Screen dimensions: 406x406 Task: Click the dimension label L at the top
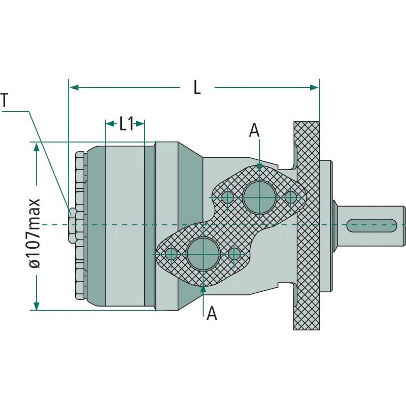coord(197,88)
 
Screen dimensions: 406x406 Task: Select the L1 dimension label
coord(125,123)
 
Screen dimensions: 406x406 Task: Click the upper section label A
coord(254,130)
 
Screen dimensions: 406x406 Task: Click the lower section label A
coord(212,314)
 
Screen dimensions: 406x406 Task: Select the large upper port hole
coord(259,196)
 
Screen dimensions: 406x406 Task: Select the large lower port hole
coord(202,253)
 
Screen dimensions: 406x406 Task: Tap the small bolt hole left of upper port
coord(227,196)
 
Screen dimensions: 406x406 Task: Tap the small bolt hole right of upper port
coord(290,196)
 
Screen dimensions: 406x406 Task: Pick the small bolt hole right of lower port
coord(234,253)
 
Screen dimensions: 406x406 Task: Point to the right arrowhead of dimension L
coord(314,88)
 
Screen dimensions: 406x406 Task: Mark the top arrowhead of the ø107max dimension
coord(36,147)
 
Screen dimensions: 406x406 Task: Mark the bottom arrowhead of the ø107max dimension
coord(36,304)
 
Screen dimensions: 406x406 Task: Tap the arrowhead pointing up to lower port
coord(203,288)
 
